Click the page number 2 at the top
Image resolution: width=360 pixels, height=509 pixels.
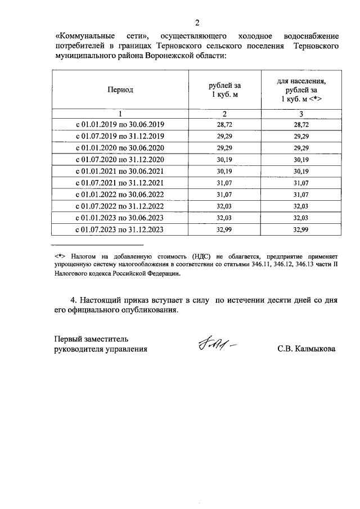tap(197, 22)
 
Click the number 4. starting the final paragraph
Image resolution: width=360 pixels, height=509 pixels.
tap(71, 300)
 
